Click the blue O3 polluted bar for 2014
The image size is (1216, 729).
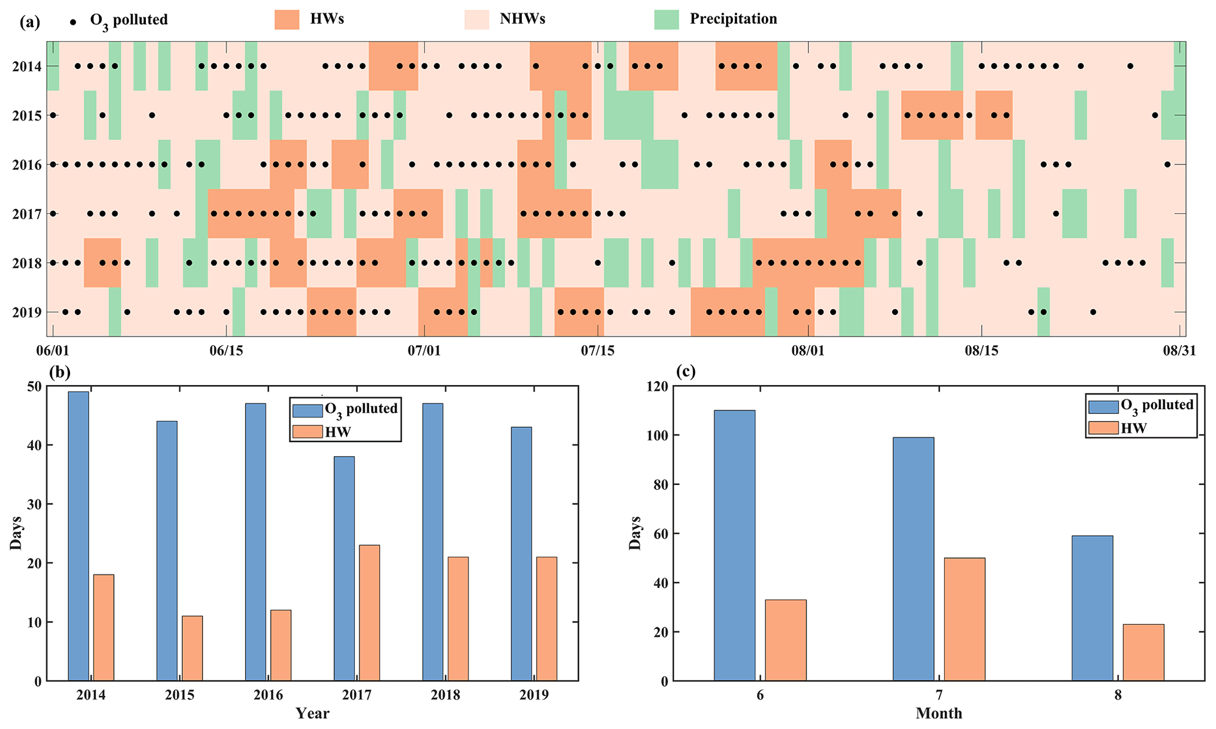point(78,536)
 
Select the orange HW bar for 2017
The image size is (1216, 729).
point(369,613)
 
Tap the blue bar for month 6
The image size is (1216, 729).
point(734,545)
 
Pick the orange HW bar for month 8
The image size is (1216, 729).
point(1143,652)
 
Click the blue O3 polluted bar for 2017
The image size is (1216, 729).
point(344,568)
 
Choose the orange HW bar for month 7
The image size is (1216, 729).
point(964,619)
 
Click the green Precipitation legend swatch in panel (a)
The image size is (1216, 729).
point(667,19)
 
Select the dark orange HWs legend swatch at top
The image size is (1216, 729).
point(287,19)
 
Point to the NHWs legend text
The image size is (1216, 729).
point(522,19)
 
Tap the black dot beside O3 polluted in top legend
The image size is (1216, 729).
point(73,22)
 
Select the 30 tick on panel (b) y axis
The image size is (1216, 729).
point(32,504)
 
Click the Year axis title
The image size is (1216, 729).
point(312,714)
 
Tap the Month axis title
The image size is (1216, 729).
point(939,714)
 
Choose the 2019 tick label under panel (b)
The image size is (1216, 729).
point(534,695)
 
